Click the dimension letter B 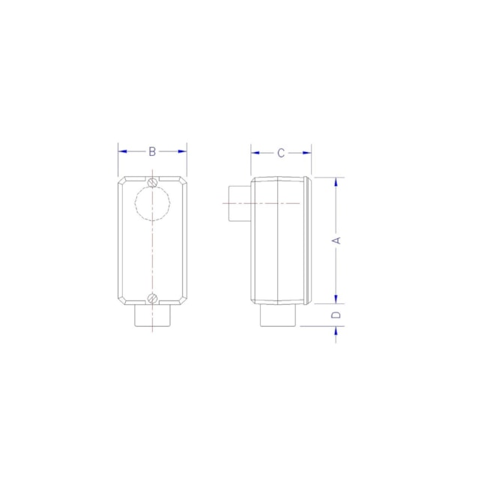coord(152,151)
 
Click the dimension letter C coord(281,153)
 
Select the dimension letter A coord(337,241)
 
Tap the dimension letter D coord(337,315)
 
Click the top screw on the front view coord(152,181)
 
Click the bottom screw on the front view coord(152,298)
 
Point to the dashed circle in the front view coord(152,203)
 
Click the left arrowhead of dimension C coord(255,153)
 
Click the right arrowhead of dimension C coord(307,153)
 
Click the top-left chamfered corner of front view coord(122,181)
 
